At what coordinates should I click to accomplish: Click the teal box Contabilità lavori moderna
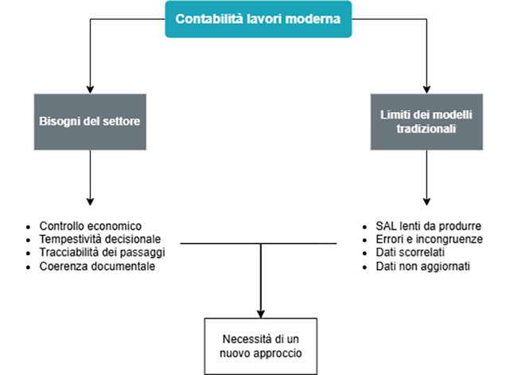point(258,19)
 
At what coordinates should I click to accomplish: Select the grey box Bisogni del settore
point(90,123)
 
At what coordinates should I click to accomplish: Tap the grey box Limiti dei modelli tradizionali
point(427,123)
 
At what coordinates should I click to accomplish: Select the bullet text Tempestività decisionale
point(100,239)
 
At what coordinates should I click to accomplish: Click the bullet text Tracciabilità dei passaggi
point(103,252)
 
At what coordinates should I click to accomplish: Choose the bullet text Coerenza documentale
point(97,266)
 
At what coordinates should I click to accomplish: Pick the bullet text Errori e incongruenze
point(428,239)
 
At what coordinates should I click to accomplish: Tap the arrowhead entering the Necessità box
point(260,313)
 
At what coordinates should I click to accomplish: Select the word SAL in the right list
point(385,226)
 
